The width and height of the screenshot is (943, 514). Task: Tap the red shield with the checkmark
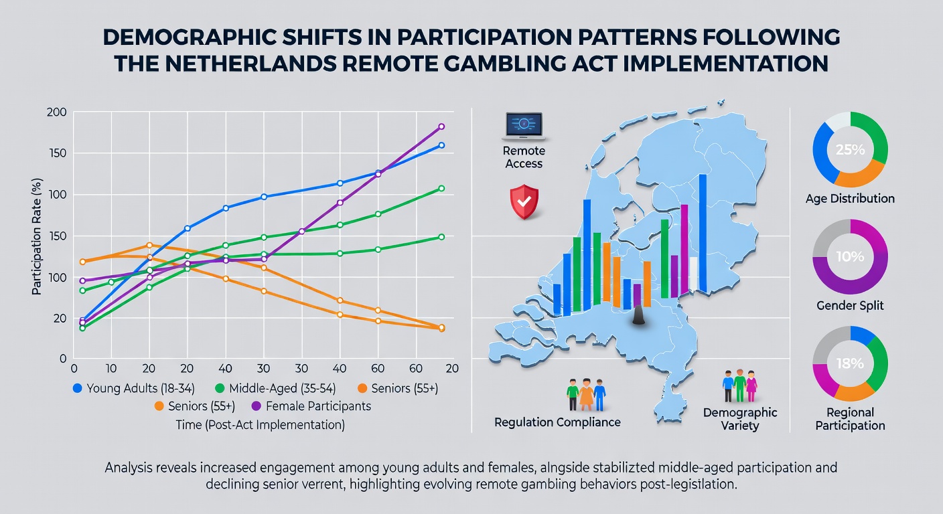(524, 201)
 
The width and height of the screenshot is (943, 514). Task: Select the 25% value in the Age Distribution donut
(850, 150)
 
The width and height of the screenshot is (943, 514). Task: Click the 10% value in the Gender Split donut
(850, 256)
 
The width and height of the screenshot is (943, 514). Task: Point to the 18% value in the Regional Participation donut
(850, 363)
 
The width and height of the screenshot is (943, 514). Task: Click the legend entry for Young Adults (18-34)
(134, 388)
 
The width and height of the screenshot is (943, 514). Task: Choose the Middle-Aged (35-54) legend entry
(275, 388)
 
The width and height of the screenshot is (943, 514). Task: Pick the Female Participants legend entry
(311, 406)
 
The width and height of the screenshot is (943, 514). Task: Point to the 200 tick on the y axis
(57, 112)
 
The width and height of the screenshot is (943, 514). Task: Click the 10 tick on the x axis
(111, 369)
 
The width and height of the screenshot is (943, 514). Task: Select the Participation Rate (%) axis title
(37, 236)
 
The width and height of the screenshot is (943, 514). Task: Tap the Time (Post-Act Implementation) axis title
(260, 425)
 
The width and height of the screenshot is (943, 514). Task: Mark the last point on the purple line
(441, 126)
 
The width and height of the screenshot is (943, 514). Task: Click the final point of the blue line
(441, 145)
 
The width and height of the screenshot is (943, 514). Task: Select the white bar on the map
(693, 274)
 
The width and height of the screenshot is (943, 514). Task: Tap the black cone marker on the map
(639, 315)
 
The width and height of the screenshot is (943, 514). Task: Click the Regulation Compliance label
(557, 422)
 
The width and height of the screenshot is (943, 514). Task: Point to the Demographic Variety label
(740, 419)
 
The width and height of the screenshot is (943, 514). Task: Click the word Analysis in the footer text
(128, 468)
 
